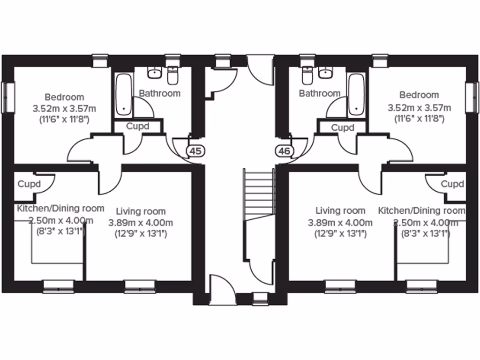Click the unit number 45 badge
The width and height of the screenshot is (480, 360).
[x=196, y=151]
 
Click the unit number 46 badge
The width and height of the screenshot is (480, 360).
[x=284, y=151]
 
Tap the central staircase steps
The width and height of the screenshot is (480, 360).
[x=258, y=192]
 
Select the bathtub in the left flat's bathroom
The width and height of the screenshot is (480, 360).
[x=124, y=94]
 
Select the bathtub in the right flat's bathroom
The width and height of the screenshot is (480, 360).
[x=356, y=94]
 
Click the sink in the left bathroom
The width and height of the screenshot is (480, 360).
[x=154, y=73]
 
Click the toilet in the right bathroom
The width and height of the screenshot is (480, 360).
[x=307, y=74]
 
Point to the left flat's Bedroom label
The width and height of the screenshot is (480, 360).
[x=64, y=97]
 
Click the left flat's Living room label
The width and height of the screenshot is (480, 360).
[x=141, y=211]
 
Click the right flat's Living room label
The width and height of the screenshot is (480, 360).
[x=340, y=211]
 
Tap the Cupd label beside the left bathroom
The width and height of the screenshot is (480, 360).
[x=138, y=127]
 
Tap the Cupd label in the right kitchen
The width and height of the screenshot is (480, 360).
[x=452, y=184]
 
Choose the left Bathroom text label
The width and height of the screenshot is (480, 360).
[x=159, y=93]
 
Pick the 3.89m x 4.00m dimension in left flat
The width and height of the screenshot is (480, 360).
[x=141, y=223]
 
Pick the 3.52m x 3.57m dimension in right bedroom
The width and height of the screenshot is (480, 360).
[x=420, y=108]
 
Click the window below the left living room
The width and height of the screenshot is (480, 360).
[x=140, y=284]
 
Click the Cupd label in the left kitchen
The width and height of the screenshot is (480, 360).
[x=29, y=184]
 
